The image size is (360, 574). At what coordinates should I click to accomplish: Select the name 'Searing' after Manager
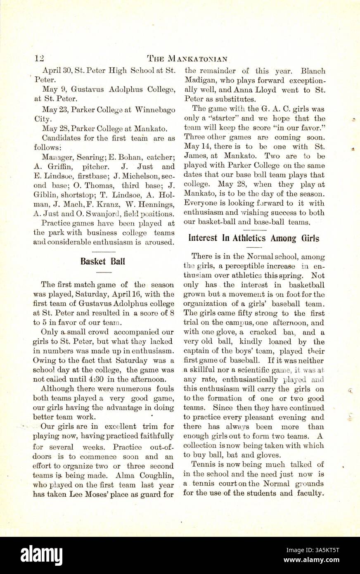coord(88,157)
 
